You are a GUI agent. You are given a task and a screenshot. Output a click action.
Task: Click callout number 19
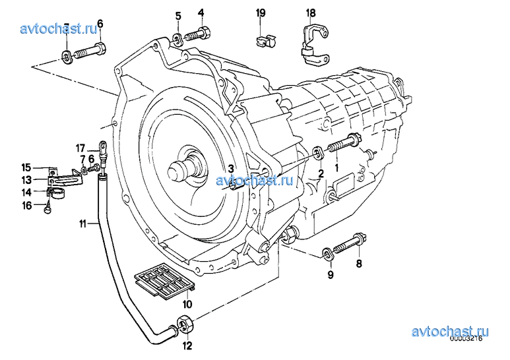[x=261, y=13]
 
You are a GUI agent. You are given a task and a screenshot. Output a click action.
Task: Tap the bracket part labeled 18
[x=314, y=46]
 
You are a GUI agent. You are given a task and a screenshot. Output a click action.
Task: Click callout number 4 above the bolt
[x=201, y=13]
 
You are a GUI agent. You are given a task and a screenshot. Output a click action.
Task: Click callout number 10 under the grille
[x=187, y=305]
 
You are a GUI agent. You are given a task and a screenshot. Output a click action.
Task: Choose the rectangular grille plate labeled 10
[x=165, y=283]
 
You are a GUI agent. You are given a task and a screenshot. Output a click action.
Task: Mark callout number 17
[x=80, y=147]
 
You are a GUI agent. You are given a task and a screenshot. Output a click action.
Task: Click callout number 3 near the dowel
[x=231, y=168]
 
